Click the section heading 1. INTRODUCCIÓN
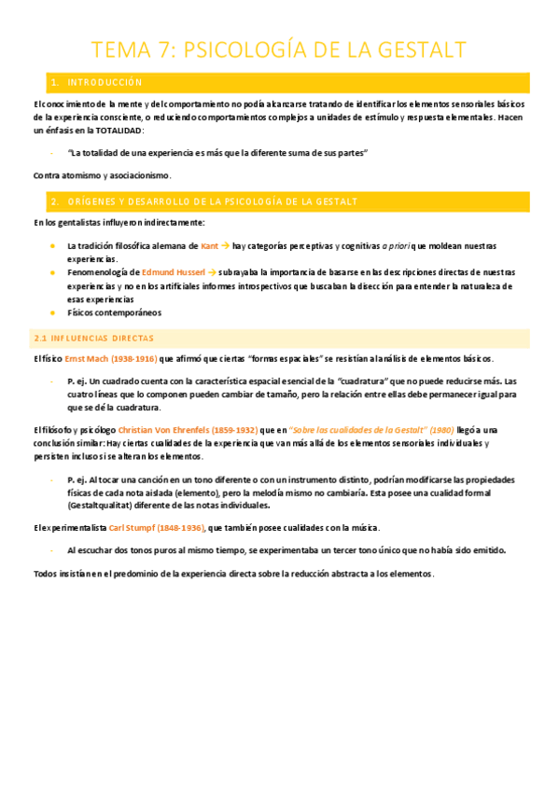click(x=98, y=82)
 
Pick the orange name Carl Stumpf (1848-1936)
click(x=157, y=528)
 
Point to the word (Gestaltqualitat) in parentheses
click(x=105, y=506)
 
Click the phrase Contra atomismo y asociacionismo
click(x=103, y=175)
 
